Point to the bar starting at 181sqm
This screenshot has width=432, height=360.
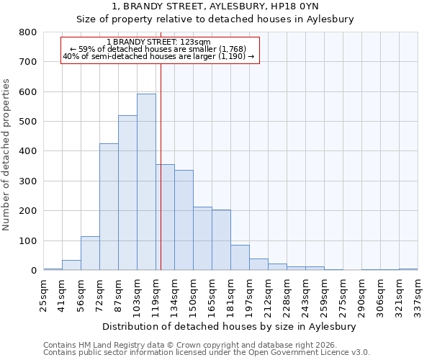click(240, 258)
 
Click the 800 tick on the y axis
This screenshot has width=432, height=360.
click(28, 32)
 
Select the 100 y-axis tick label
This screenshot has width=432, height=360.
click(28, 241)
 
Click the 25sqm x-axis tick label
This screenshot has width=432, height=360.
click(43, 293)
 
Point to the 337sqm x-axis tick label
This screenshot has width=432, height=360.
click(418, 293)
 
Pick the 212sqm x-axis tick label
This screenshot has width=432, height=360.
click(268, 293)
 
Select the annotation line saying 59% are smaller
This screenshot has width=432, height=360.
click(158, 49)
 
